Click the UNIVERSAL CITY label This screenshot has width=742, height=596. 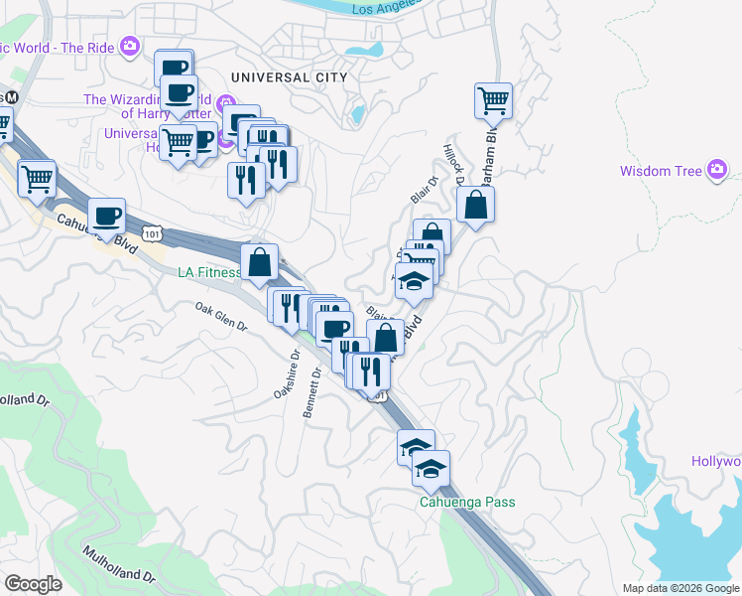pyautogui.click(x=289, y=76)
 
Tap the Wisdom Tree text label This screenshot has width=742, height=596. pyautogui.click(x=660, y=171)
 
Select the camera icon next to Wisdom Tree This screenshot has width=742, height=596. pyautogui.click(x=717, y=171)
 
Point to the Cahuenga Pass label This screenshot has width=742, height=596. pyautogui.click(x=465, y=502)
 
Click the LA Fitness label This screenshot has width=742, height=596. pyautogui.click(x=208, y=273)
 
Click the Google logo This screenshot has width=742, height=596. pyautogui.click(x=33, y=584)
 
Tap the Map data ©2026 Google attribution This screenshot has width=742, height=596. pyautogui.click(x=680, y=588)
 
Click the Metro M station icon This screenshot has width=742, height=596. pyautogui.click(x=13, y=97)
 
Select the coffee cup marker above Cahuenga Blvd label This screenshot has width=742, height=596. pyautogui.click(x=107, y=216)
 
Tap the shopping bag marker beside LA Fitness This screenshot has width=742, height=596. pyautogui.click(x=259, y=263)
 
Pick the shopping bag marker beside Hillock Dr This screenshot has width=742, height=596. pyautogui.click(x=476, y=205)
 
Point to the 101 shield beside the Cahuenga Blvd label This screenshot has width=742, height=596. pyautogui.click(x=150, y=233)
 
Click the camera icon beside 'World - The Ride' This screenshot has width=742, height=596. pyautogui.click(x=129, y=46)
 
